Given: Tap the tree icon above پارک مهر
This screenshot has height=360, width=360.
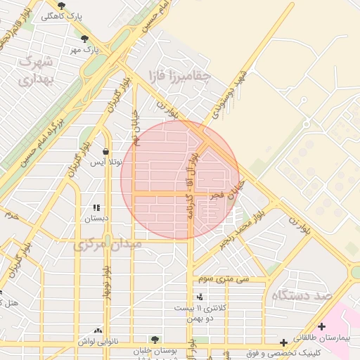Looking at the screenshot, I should pos(85,39).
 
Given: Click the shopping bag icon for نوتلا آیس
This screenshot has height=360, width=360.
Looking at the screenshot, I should pos(105,151).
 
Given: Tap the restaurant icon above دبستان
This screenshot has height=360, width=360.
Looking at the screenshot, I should pos(96,207).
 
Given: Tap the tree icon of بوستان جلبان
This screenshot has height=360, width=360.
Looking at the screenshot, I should pos(155,339).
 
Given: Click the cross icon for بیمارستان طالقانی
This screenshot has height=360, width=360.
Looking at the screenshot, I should pos(321,326).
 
